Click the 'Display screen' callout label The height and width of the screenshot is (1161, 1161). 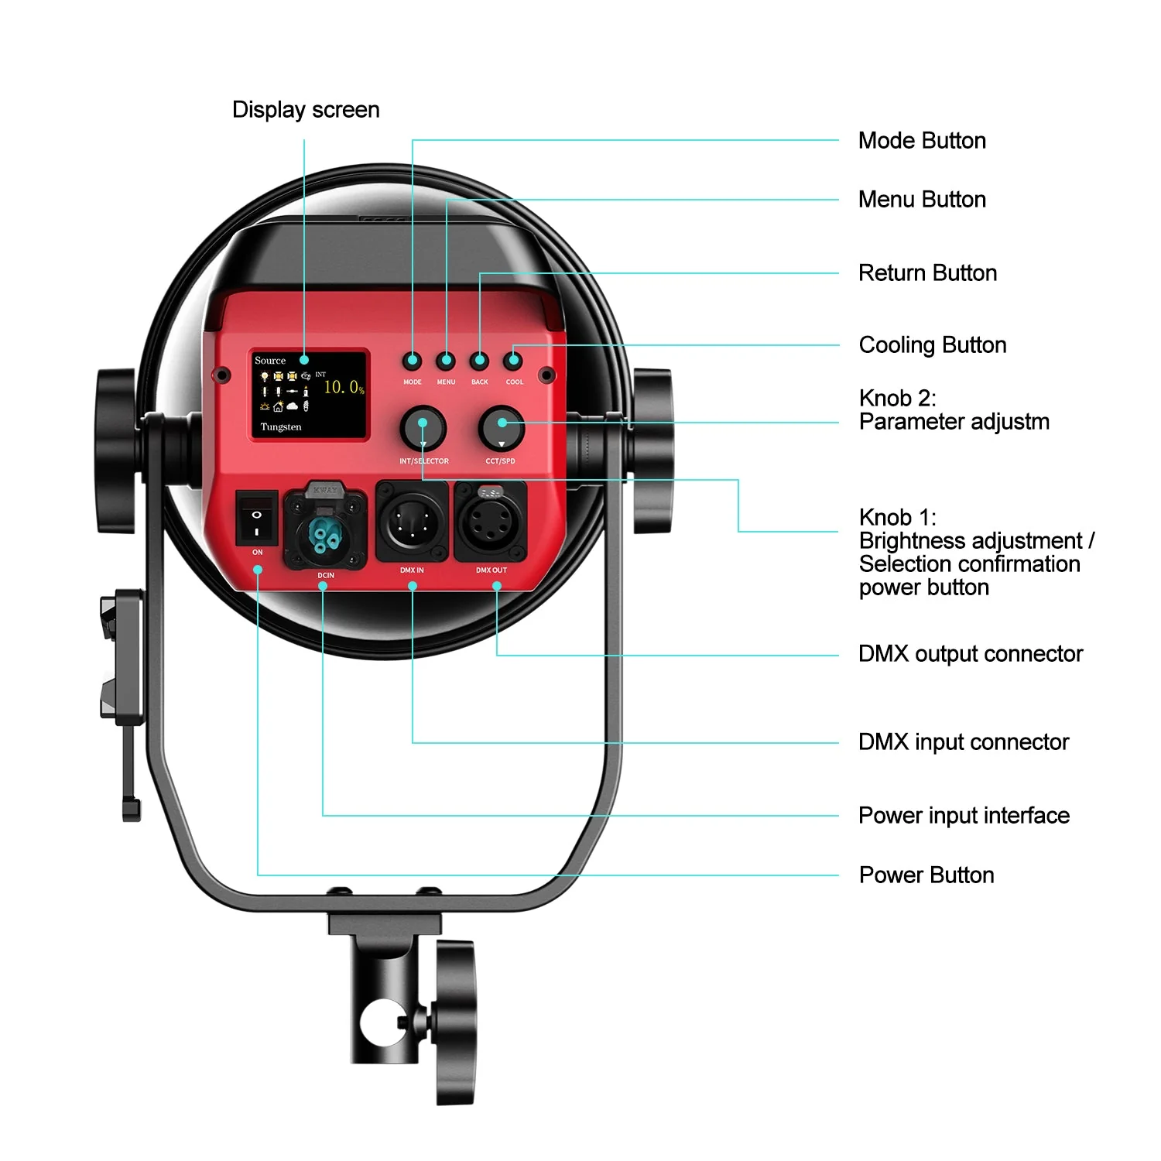306,110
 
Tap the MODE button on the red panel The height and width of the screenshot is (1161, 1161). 413,361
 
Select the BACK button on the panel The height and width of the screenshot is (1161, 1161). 480,361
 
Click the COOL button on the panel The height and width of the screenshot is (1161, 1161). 513,361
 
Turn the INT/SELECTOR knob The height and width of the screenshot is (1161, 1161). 423,427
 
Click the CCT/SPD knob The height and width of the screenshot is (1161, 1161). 502,427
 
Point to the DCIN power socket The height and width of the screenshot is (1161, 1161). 325,529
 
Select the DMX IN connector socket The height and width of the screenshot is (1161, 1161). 412,521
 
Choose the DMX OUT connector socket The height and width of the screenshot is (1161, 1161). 491,521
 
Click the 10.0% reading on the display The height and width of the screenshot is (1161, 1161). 343,387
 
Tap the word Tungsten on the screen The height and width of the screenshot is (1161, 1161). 281,427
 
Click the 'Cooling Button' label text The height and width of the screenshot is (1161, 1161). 932,345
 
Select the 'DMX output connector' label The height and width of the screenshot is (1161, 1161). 970,654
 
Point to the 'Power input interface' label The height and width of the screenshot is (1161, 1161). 964,816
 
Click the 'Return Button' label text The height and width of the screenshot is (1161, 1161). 927,273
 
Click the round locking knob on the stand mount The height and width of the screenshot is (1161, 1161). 456,1022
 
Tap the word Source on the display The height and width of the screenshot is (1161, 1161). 270,361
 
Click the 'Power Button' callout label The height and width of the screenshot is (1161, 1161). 926,875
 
